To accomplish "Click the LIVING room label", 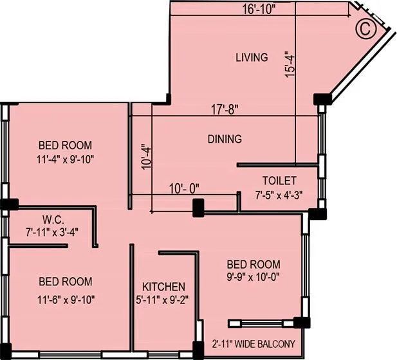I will pyautogui.click(x=251, y=58).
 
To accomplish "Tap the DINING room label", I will pyautogui.click(x=225, y=139).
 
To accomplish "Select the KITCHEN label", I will pyautogui.click(x=164, y=287).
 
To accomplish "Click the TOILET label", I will pyautogui.click(x=279, y=181).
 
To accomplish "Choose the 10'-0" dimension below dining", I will pyautogui.click(x=184, y=188).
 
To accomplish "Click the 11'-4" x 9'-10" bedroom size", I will pyautogui.click(x=65, y=159).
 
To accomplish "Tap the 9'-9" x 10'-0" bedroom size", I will pyautogui.click(x=252, y=277).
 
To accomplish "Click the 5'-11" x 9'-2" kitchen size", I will pyautogui.click(x=164, y=299).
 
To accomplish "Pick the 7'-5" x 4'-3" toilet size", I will pyautogui.click(x=279, y=194).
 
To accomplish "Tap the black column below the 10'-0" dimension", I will pyautogui.click(x=198, y=207).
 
